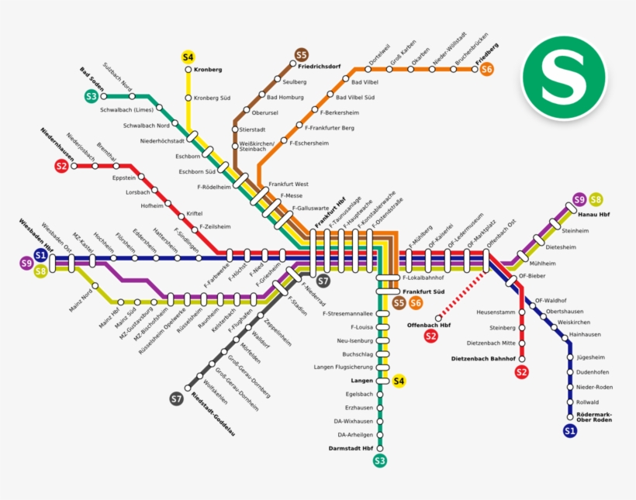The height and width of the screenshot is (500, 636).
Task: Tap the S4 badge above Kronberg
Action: click(188, 57)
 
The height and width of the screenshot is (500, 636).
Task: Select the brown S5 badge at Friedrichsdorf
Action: click(302, 54)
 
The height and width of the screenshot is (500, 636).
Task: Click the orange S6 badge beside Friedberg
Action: click(486, 69)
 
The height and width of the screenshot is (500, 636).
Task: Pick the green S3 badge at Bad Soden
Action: click(92, 96)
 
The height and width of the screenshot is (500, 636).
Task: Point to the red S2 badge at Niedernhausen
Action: click(61, 165)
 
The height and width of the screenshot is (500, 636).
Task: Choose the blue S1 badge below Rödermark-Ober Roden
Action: click(570, 430)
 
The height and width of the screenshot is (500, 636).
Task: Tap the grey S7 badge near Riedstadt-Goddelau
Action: click(176, 398)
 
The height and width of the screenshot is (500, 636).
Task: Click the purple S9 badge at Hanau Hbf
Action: click(579, 200)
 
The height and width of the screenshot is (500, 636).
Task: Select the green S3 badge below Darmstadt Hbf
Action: click(379, 461)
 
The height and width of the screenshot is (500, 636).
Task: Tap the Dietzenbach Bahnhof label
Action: click(483, 359)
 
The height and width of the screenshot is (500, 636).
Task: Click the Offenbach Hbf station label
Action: click(428, 325)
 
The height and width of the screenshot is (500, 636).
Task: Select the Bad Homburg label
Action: click(285, 97)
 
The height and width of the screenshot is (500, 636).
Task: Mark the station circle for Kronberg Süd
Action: click(188, 98)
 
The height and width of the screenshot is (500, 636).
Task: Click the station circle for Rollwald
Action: click(570, 402)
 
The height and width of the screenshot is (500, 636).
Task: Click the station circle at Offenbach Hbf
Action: click(439, 317)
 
